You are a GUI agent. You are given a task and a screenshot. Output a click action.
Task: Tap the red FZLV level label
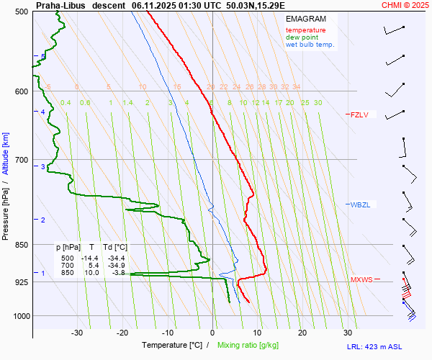pos(359,114)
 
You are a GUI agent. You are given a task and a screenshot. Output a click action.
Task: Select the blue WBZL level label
pos(360,205)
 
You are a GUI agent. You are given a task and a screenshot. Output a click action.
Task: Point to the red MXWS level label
pos(361,279)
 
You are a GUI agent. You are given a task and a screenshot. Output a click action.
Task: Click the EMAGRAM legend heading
pos(305,19)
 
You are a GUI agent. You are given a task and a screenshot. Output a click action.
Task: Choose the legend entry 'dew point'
pos(301,37)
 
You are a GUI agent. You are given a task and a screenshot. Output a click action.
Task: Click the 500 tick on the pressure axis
pos(21,12)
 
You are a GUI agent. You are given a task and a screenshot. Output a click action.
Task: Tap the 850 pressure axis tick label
pos(21,245)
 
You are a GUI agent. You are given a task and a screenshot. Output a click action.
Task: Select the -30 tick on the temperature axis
pos(77,333)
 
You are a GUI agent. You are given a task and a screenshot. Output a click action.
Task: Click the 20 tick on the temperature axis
pos(302,333)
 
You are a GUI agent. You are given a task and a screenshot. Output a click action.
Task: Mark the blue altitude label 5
pos(42,57)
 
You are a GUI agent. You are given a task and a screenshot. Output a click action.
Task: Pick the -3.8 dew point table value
pos(119,272)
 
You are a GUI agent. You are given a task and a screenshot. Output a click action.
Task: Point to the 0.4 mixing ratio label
pos(66,103)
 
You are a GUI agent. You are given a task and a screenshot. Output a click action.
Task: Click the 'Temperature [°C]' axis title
pos(172,346)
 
